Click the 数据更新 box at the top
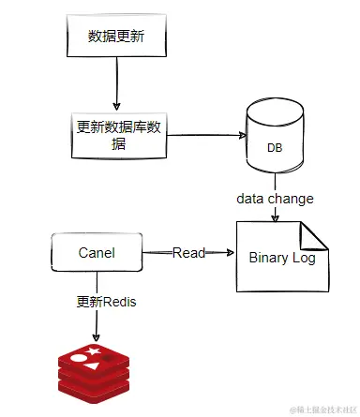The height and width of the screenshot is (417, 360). click(115, 37)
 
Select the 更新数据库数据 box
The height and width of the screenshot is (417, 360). click(117, 134)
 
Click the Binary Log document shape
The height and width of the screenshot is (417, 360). click(281, 256)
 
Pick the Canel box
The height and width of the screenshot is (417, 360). click(96, 252)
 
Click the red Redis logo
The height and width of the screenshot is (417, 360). click(96, 366)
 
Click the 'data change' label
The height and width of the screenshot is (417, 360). click(275, 199)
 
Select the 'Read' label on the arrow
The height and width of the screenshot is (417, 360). click(188, 253)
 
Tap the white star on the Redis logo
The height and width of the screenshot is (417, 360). click(95, 350)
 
